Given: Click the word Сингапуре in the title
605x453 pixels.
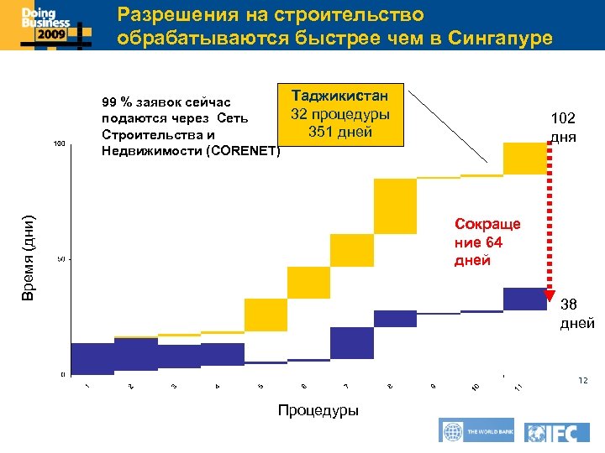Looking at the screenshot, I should click(x=501, y=38).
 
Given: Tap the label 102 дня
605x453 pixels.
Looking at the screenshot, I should click(x=563, y=128).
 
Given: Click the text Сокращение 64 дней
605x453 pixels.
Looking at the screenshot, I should click(x=487, y=242).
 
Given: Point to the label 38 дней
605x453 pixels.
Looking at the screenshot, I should click(x=576, y=314).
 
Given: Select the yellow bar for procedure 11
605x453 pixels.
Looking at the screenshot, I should click(x=525, y=159).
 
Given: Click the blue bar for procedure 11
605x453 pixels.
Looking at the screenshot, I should click(x=525, y=299).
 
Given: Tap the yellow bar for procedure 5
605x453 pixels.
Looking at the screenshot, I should click(x=266, y=315).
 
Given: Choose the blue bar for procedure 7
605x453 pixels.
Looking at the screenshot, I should click(x=352, y=342).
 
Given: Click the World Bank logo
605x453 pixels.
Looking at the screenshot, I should click(x=476, y=430).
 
